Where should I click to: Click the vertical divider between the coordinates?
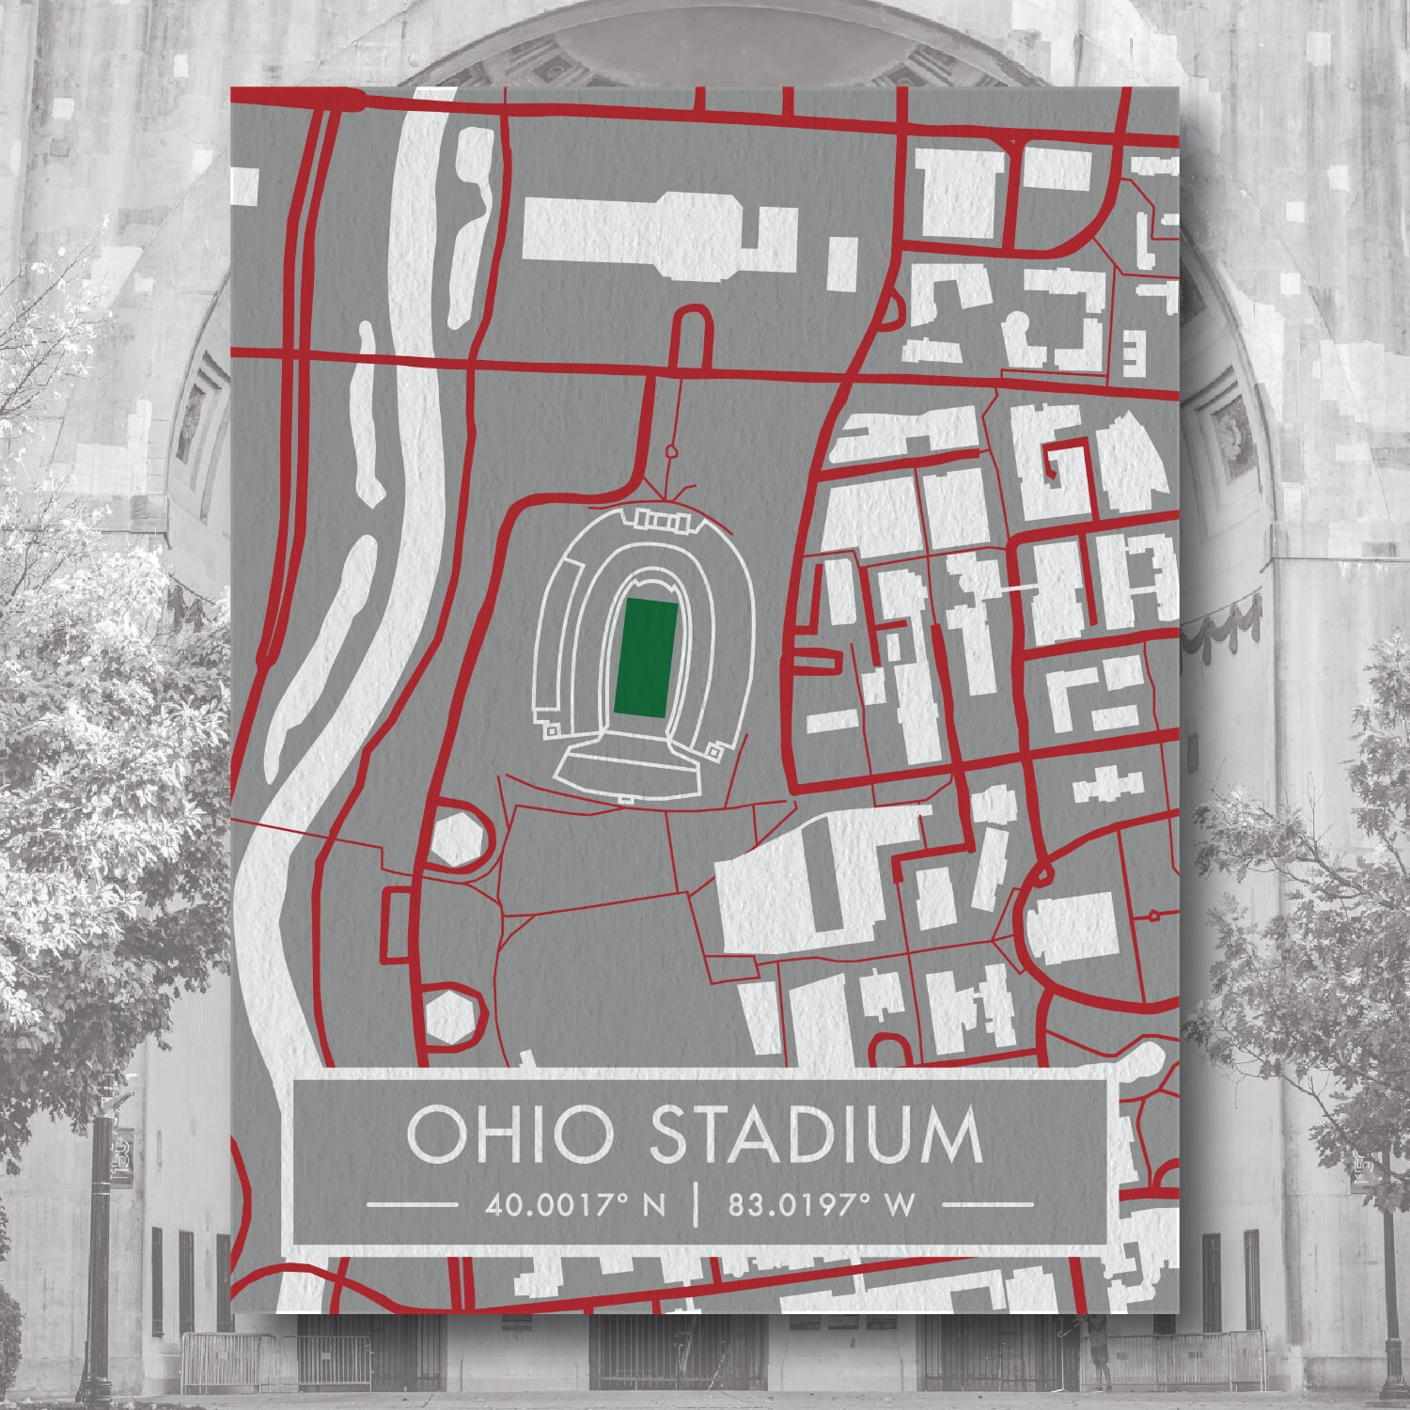[695, 1203]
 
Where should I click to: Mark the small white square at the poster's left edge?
[244, 183]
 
